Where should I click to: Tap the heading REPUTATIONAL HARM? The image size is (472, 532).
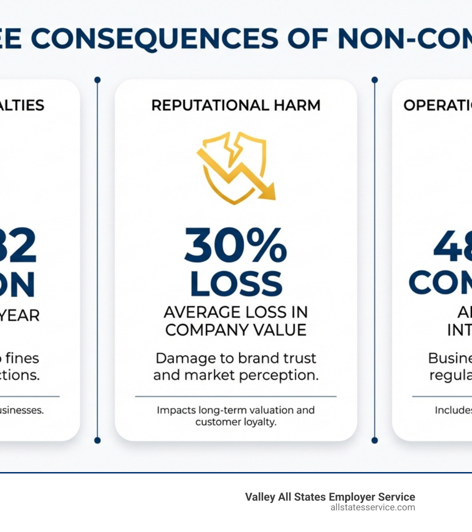point(236,106)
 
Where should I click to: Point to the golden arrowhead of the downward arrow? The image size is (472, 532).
point(267,191)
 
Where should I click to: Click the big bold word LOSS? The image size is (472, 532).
point(236,283)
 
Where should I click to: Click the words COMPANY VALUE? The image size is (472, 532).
point(236,330)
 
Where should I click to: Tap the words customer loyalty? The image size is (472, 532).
point(236,422)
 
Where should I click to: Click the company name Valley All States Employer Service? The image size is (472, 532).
point(330,497)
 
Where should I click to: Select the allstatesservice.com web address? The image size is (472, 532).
point(372,508)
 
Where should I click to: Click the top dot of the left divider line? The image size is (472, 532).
point(97,80)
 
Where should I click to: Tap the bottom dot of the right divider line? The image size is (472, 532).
point(374,440)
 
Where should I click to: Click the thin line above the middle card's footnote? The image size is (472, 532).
point(236,396)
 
